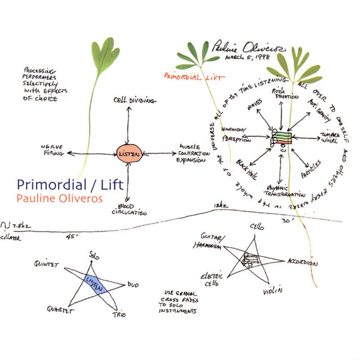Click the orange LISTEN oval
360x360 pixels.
[x=130, y=153]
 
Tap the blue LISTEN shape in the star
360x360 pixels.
[x=95, y=283]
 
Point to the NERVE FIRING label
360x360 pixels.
[x=53, y=150]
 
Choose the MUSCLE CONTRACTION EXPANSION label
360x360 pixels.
[x=194, y=153]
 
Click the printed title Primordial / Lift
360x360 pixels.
[x=70, y=184]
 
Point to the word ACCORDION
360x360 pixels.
[x=302, y=263]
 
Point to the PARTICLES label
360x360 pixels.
[x=310, y=169]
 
